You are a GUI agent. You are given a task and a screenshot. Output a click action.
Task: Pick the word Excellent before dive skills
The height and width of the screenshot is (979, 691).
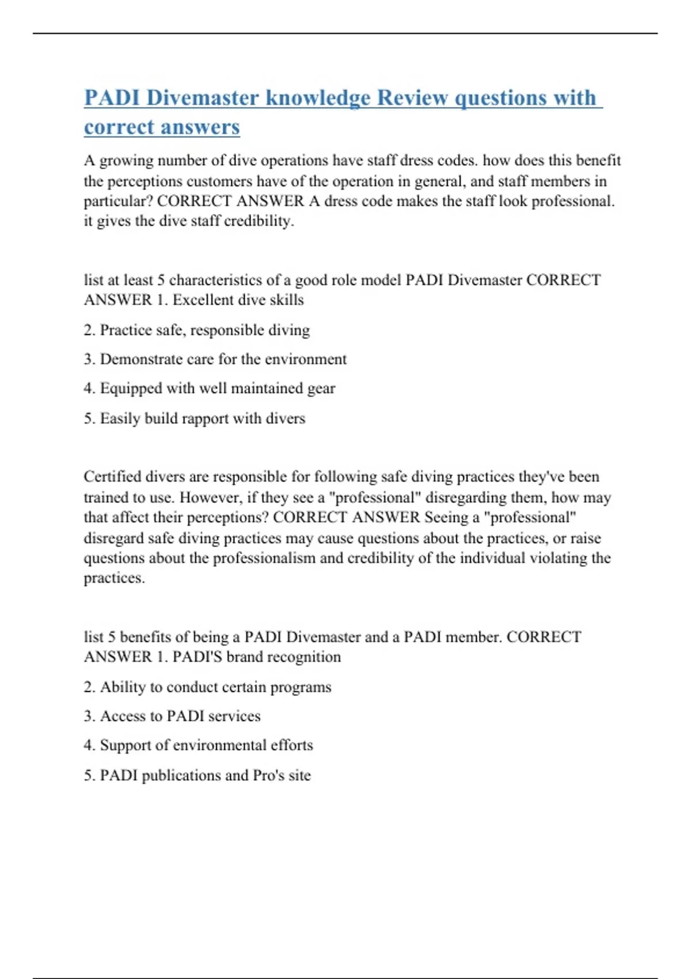tap(202, 300)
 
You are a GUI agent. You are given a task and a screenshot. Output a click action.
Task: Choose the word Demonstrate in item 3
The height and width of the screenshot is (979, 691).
tap(141, 359)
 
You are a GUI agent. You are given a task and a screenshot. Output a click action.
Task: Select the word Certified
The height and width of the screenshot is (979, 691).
tap(112, 477)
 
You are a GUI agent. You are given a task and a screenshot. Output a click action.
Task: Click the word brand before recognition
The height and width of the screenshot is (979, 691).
tap(245, 657)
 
